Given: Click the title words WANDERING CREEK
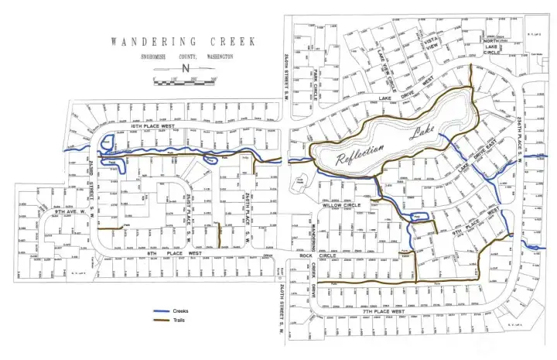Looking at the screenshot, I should pos(183,42).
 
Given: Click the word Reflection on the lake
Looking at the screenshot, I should pos(361,153).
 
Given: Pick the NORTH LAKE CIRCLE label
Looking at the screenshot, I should pos(492,46).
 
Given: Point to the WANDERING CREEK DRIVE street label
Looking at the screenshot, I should pos(314,279).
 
